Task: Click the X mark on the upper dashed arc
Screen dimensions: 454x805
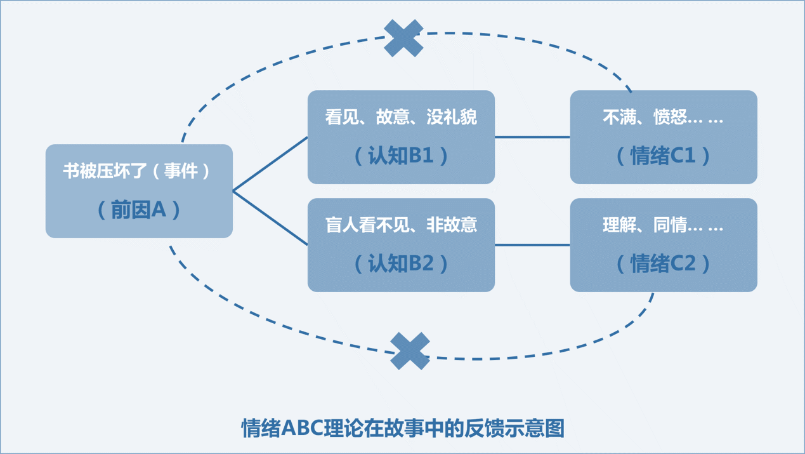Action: (403, 38)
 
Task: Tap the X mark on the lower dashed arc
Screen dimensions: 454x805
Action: (410, 351)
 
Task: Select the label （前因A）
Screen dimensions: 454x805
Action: (139, 210)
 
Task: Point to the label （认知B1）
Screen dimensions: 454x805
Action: (401, 156)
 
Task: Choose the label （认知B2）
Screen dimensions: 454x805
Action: (401, 264)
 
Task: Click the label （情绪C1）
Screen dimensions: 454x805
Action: (664, 156)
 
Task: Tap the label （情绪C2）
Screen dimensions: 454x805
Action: (664, 264)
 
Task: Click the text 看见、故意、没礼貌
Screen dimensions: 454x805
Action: (401, 117)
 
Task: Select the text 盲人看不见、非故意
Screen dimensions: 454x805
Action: (401, 225)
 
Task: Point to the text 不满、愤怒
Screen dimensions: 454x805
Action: (645, 117)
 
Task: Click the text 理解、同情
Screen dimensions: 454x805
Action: (645, 225)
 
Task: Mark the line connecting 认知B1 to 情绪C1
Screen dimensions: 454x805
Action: (532, 137)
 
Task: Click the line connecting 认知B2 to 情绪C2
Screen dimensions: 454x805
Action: (532, 244)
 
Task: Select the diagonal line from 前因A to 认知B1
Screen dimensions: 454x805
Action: (270, 164)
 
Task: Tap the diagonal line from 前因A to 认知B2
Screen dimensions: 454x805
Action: (270, 218)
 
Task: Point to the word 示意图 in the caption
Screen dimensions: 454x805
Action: (539, 429)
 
